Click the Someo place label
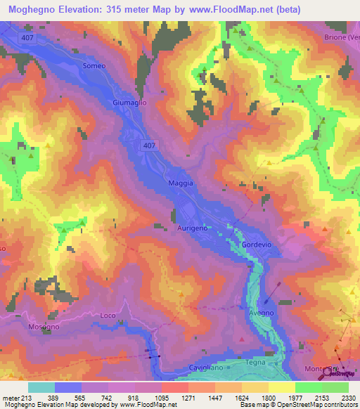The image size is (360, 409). pos(94,66)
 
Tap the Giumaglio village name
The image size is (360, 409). pos(128,103)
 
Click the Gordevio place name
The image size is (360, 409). pos(256,244)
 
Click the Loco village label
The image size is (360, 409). pos(108,316)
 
